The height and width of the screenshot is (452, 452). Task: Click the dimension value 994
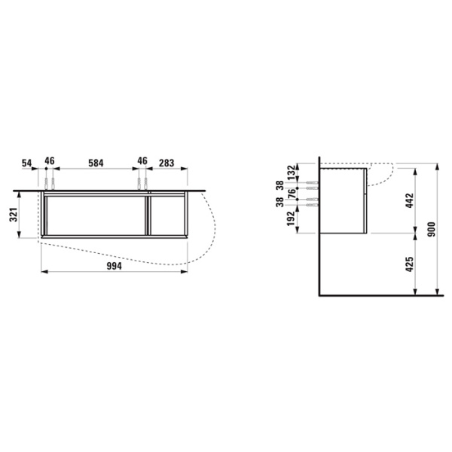115,266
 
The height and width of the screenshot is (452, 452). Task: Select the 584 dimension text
96,163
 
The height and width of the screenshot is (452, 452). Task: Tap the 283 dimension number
166,163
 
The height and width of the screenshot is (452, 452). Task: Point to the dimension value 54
27,163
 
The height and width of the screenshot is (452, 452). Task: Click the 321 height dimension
14,215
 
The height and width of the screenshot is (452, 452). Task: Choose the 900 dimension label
431,230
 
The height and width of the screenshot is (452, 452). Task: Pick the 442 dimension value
409,200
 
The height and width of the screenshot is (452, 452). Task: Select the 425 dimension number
409,264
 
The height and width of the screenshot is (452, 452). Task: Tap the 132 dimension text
292,173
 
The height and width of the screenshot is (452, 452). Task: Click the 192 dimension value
292,218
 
